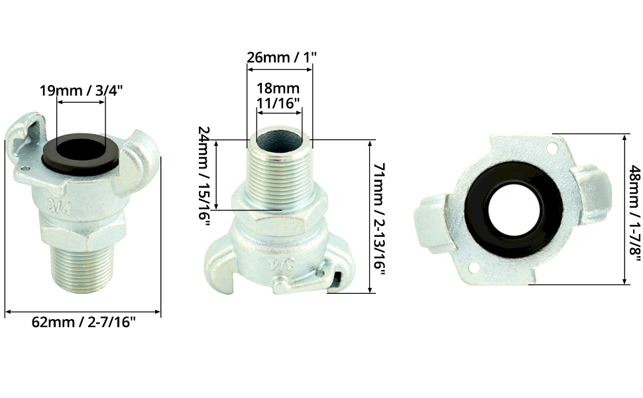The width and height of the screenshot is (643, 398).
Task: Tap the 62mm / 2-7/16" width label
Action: pyautogui.click(x=84, y=322)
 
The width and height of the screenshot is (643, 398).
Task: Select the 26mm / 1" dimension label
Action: pyautogui.click(x=282, y=57)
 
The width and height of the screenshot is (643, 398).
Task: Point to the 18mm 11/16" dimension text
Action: pyautogui.click(x=278, y=95)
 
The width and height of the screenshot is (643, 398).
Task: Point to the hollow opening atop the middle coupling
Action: pyautogui.click(x=279, y=140)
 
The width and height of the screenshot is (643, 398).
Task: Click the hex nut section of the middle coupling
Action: pyautogui.click(x=278, y=216)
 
